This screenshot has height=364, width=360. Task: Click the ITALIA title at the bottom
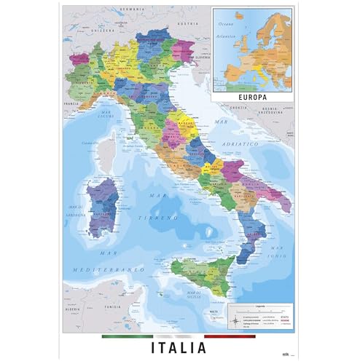pos(179,347)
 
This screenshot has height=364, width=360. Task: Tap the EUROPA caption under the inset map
pos(251,95)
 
